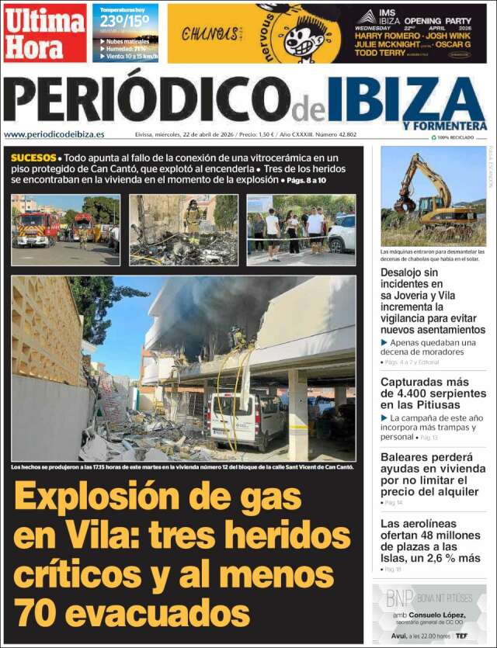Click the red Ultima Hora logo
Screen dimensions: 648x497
(x=44, y=33)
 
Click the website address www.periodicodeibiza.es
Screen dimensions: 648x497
(x=54, y=134)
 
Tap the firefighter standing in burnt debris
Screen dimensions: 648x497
(x=192, y=219)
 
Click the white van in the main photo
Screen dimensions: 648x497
(x=247, y=418)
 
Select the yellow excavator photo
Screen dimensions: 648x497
(x=433, y=196)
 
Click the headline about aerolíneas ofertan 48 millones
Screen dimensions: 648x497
(x=430, y=540)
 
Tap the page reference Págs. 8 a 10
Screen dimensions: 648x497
(x=307, y=180)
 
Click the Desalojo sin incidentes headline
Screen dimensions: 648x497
(x=433, y=300)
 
